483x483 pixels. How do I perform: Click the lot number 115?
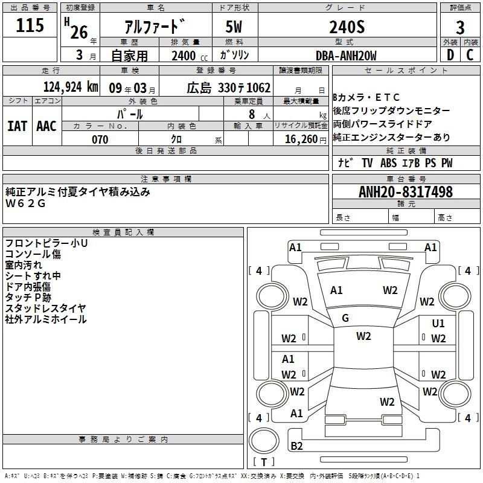tap(30, 25)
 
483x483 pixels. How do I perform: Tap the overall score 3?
tap(460, 27)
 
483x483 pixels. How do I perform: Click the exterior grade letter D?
tap(450, 55)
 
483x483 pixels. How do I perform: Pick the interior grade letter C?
tap(470, 55)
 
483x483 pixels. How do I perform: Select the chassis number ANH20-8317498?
tap(405, 192)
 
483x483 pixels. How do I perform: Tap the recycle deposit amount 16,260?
tap(301, 139)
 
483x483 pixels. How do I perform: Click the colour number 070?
tap(100, 139)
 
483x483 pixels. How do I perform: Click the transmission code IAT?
tap(18, 126)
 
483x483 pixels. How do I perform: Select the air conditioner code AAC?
tap(46, 126)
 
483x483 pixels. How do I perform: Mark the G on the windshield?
tap(345, 318)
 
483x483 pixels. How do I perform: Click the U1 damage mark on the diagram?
tap(438, 324)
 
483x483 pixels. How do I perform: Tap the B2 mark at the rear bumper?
tap(297, 446)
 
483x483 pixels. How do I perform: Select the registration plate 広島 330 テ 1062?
tap(229, 87)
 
